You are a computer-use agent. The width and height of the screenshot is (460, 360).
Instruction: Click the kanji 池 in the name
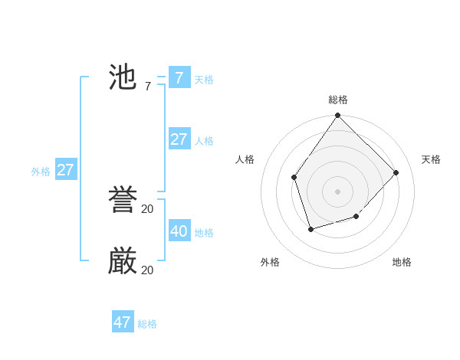click(123, 77)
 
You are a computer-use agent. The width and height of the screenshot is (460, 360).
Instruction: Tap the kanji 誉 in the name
click(123, 201)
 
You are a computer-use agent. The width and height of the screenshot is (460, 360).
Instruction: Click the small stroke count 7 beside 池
click(147, 87)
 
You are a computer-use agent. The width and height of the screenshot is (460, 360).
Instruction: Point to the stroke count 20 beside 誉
click(147, 208)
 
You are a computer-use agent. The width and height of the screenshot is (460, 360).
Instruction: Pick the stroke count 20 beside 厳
click(147, 270)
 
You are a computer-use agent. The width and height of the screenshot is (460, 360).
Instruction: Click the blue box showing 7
click(179, 77)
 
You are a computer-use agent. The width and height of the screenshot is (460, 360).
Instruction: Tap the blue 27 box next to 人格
click(179, 139)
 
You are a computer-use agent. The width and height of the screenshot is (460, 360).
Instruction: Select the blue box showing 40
click(179, 231)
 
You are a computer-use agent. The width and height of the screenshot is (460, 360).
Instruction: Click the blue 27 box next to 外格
click(66, 169)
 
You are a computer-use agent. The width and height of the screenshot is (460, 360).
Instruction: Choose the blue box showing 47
click(123, 322)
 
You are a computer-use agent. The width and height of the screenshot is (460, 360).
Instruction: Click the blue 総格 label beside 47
click(147, 324)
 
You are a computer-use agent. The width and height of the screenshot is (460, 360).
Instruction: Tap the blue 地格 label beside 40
click(204, 233)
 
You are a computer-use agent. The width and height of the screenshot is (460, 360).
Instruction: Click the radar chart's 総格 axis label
click(338, 100)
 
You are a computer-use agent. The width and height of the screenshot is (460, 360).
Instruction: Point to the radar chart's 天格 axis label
click(431, 159)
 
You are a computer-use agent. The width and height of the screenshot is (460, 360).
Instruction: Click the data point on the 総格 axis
click(338, 115)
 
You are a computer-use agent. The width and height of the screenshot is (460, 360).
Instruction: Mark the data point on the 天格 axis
click(396, 172)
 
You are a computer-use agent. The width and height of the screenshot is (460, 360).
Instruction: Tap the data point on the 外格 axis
click(310, 229)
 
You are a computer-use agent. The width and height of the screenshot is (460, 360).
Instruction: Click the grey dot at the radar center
click(338, 191)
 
